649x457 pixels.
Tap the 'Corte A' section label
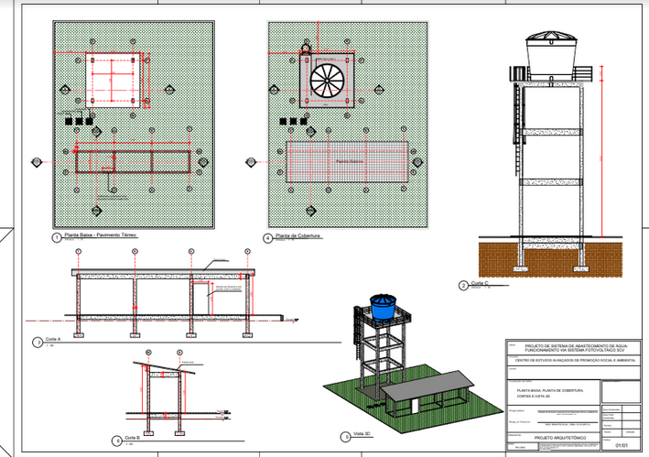point(54,342)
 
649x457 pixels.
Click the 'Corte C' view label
point(482,285)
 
